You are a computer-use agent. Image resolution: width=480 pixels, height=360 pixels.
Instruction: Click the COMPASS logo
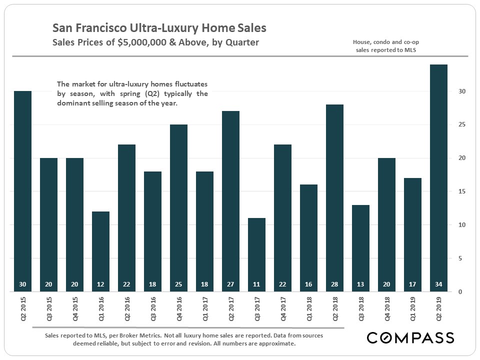(410, 337)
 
